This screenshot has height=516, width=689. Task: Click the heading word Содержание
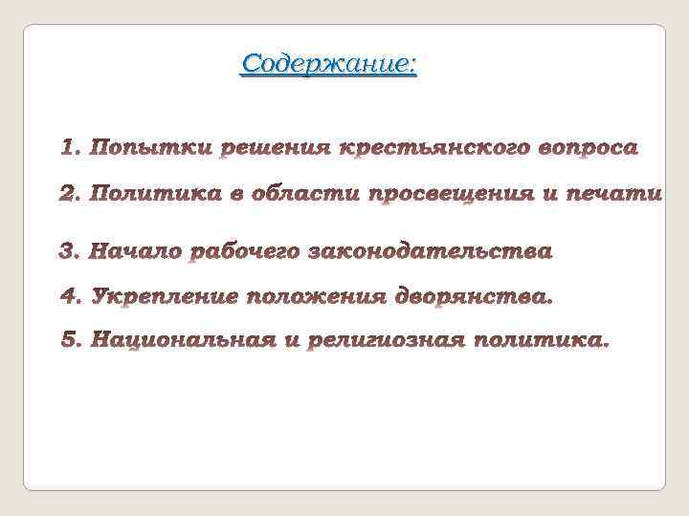coord(328,65)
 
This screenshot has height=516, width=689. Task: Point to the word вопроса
coord(573,149)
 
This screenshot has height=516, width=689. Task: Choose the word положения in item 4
coord(318,298)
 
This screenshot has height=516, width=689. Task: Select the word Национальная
coord(183,340)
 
